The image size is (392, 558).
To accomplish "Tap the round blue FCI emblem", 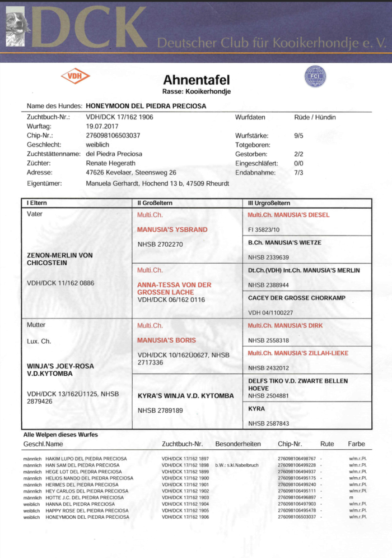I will (315, 76).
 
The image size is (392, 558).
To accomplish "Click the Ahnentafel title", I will (196, 80).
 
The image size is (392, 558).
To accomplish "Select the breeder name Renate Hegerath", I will (111, 163).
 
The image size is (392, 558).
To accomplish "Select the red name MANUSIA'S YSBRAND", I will (172, 229).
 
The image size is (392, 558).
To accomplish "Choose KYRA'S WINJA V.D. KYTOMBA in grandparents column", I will (185, 396).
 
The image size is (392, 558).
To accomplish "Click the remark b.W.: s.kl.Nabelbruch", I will (236, 465).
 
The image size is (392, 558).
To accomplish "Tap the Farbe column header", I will (356, 444).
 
